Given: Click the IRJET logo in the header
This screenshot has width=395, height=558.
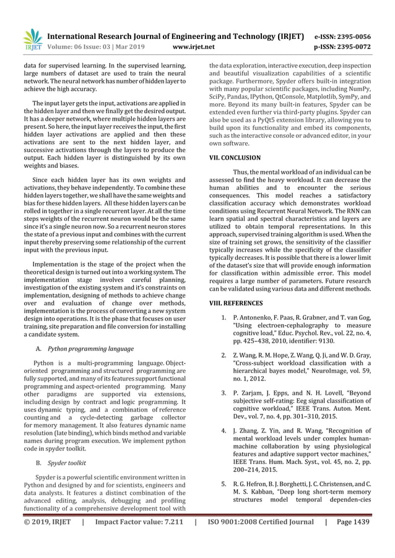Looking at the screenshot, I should click(x=33, y=39).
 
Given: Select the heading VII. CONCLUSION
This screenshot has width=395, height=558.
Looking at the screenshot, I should click(x=236, y=158).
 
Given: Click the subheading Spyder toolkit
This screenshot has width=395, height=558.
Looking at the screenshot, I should click(x=66, y=462).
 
